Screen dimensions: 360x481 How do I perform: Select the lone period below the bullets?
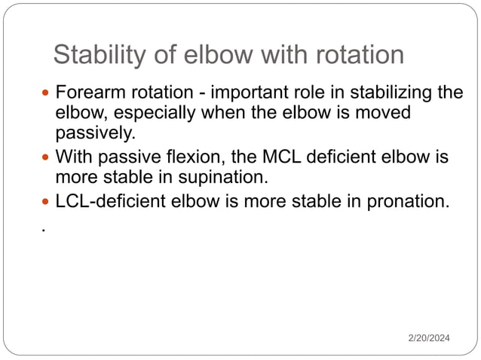[44, 229]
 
